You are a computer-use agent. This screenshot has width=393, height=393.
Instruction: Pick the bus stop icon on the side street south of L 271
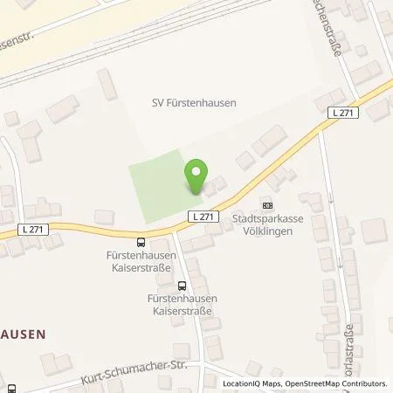[x=182, y=286]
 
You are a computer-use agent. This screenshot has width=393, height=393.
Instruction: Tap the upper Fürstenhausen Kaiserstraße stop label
[x=141, y=260]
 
